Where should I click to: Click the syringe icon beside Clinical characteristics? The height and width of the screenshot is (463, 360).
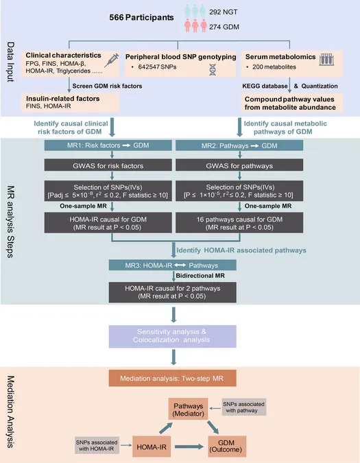click(112, 60)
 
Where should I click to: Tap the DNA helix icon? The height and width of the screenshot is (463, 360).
click(213, 69)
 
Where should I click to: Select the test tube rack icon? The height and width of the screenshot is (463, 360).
click(326, 60)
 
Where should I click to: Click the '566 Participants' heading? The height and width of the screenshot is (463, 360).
click(141, 17)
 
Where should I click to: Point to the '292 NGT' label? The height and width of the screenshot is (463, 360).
click(224, 12)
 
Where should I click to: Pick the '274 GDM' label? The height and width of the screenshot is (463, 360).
click(224, 27)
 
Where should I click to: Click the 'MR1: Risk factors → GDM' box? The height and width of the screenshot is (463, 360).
click(108, 145)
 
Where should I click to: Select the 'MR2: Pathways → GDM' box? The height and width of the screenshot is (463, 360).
click(239, 145)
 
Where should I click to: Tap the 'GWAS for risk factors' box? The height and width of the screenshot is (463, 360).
click(108, 165)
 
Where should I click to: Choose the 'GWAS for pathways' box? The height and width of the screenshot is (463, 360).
click(239, 165)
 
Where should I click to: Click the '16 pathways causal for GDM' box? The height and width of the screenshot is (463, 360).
click(239, 223)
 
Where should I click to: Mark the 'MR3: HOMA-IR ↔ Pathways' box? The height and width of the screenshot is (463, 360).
click(173, 265)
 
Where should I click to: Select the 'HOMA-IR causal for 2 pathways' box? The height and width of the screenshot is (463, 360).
click(173, 292)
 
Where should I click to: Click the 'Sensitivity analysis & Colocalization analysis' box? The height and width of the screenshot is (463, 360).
click(173, 336)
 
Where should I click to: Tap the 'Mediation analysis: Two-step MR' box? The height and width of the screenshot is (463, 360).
click(173, 378)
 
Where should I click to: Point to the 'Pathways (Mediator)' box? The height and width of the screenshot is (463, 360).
click(189, 409)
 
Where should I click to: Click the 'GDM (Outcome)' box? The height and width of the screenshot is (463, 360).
click(227, 446)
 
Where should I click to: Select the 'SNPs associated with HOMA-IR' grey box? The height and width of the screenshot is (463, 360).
click(97, 445)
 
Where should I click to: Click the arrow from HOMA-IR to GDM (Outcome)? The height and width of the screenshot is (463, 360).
click(189, 447)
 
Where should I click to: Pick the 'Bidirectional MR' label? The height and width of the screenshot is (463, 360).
click(200, 276)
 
